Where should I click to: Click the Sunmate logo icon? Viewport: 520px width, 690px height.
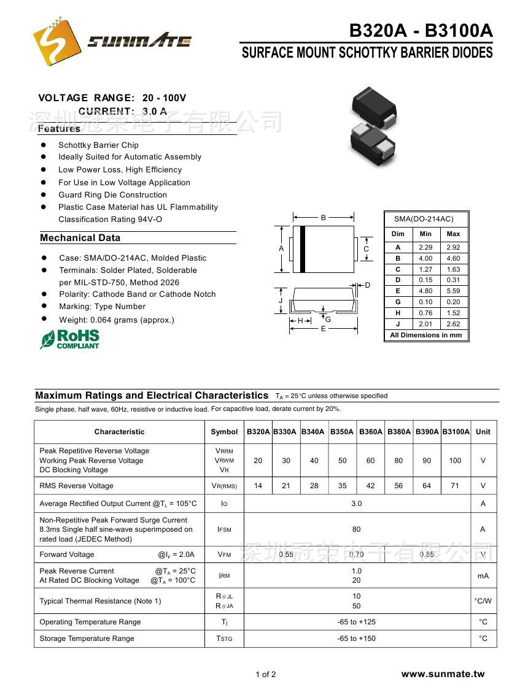point(57,40)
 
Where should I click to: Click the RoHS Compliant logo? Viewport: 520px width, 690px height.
point(69,339)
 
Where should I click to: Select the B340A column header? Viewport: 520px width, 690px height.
point(313,432)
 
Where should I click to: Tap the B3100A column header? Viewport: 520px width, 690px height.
point(456,432)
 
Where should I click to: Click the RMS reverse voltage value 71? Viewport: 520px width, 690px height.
point(455,486)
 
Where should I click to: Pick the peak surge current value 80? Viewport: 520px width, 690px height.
point(357,529)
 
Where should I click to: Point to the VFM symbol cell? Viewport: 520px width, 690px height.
point(224,554)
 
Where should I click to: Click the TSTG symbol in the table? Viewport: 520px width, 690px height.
point(224,638)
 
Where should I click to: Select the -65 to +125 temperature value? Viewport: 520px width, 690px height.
point(357,622)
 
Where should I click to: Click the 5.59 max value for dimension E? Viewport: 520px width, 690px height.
point(453,291)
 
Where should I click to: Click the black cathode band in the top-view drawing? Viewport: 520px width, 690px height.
point(303,249)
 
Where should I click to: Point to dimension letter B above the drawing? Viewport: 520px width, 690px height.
point(324,217)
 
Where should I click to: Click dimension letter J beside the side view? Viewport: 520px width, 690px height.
point(281,301)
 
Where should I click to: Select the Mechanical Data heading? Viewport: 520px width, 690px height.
point(80,238)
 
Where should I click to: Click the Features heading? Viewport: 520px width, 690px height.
point(59,129)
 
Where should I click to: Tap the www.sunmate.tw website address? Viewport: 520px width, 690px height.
point(443,674)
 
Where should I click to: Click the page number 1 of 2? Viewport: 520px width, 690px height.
point(266,675)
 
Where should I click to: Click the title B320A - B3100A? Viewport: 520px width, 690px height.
point(421,31)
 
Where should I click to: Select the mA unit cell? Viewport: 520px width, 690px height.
point(483,576)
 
